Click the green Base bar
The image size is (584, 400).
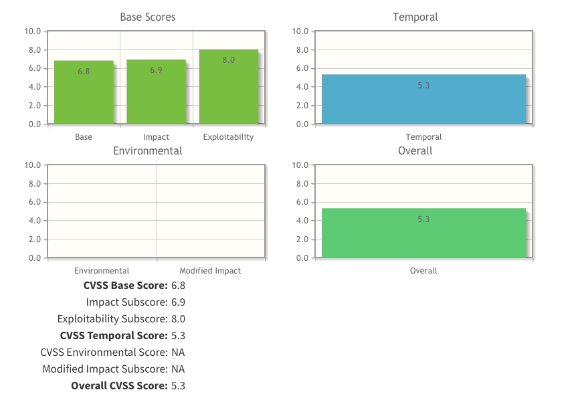[x=84, y=94]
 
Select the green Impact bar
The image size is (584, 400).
[x=156, y=94]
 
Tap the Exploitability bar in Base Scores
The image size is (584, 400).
[x=228, y=90]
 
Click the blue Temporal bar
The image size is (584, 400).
[x=423, y=100]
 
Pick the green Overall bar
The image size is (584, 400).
[x=423, y=234]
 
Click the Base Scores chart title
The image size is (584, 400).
[x=148, y=17]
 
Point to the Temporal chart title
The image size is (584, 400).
[x=415, y=17]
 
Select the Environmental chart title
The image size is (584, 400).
[x=148, y=151]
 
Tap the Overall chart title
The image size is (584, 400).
[x=415, y=151]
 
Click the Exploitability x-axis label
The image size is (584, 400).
[x=228, y=137]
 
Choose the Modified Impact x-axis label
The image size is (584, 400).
[x=210, y=271]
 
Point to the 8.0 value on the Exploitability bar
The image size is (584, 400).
[x=228, y=60]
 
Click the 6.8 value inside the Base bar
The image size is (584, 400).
[x=84, y=71]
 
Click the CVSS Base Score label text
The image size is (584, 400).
[x=126, y=286]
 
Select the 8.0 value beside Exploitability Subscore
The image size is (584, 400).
[x=178, y=319]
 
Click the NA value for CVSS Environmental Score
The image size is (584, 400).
[x=178, y=353]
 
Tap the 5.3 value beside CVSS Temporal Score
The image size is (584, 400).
[x=178, y=336]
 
